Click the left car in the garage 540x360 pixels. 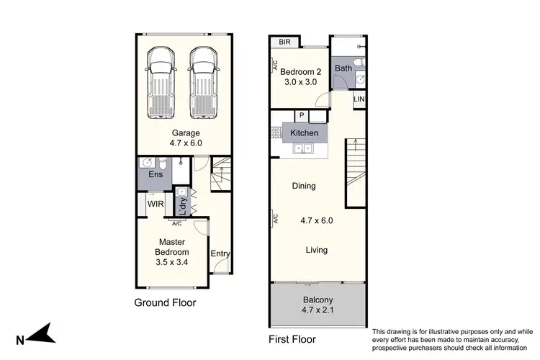161,83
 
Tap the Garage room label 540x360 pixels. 185,133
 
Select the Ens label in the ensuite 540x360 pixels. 155,175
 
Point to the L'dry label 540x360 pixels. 182,207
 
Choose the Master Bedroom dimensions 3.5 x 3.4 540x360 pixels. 172,264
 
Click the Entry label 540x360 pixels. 220,253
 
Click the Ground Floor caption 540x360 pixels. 165,302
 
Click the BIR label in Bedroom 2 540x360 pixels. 286,42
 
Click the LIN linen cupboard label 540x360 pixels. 359,99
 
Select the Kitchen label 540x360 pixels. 304,133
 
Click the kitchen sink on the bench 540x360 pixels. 303,149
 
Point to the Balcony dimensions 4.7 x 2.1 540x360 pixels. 317,311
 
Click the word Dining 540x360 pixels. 304,186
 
